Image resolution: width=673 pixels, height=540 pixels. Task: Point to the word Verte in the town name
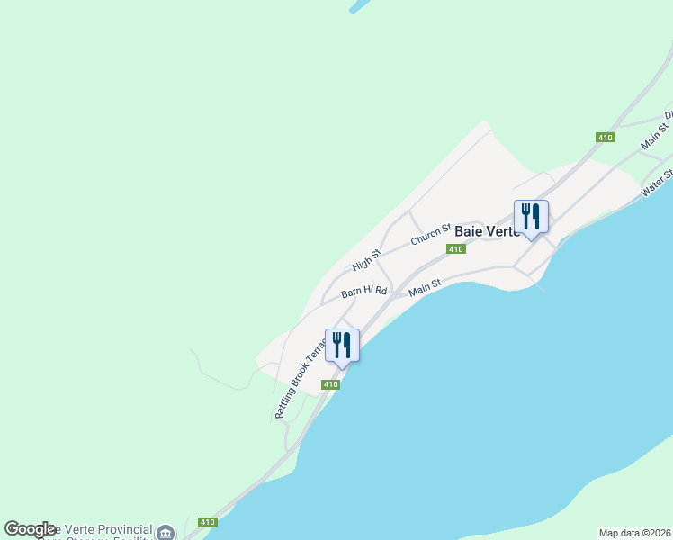click(503, 231)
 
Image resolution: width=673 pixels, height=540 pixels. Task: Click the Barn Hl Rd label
click(363, 292)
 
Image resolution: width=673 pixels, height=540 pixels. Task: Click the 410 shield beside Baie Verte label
click(457, 249)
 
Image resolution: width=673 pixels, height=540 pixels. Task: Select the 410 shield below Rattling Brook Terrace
click(331, 384)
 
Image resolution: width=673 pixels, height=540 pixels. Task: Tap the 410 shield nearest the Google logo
click(208, 522)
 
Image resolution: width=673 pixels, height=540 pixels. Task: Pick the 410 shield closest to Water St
click(604, 137)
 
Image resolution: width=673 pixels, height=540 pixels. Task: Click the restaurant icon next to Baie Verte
click(531, 216)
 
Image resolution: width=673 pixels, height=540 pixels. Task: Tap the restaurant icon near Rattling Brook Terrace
click(342, 344)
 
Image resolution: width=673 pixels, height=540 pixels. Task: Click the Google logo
click(30, 529)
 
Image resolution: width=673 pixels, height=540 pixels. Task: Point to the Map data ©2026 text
click(634, 533)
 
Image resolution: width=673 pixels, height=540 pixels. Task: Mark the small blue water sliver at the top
click(359, 5)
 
